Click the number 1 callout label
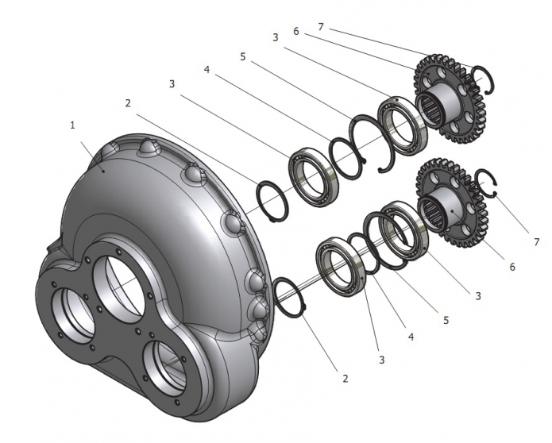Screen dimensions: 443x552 click(x=72, y=125)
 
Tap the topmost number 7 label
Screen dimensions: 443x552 click(x=322, y=28)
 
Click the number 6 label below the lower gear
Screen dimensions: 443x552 click(x=511, y=267)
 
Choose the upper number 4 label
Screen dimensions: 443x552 click(x=206, y=70)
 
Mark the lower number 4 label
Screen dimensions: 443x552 click(x=411, y=337)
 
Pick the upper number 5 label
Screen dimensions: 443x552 click(x=241, y=56)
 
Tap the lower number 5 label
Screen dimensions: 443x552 click(x=446, y=320)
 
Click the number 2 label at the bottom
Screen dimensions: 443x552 click(x=345, y=379)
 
